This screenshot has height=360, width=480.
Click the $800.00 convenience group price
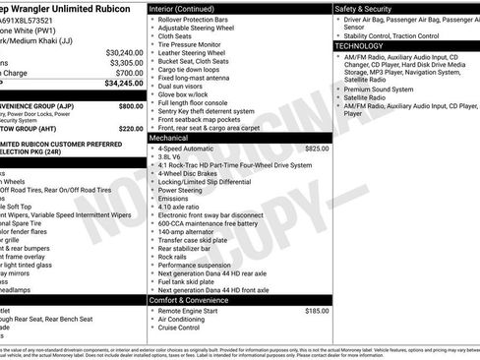click(x=130, y=105)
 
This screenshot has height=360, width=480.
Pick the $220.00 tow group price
click(x=130, y=128)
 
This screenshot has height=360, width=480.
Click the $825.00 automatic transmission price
click(x=317, y=148)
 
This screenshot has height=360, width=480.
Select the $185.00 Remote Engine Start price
click(x=317, y=310)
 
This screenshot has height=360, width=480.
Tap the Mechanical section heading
click(x=168, y=138)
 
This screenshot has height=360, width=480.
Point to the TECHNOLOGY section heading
click(x=359, y=45)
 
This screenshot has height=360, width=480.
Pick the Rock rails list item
click(x=173, y=257)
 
